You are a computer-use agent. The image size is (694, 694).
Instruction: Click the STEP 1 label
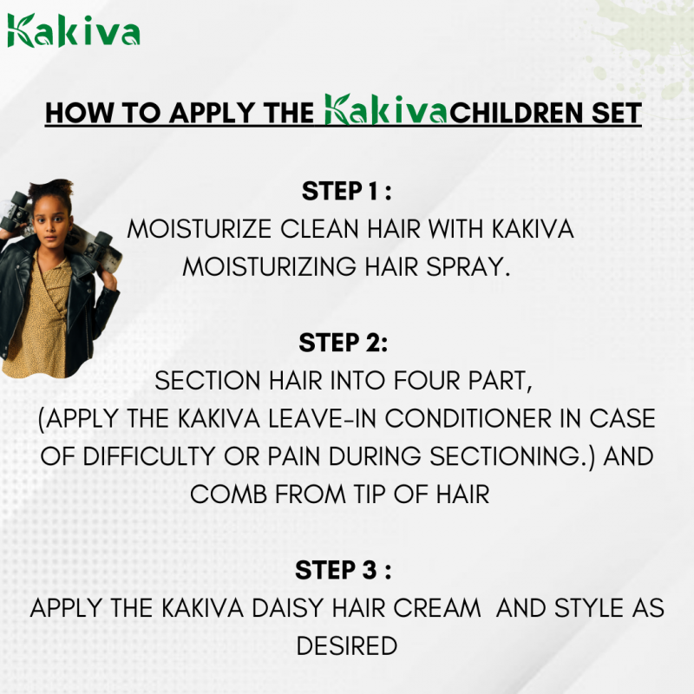[347, 191]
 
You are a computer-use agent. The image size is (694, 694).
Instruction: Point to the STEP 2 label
[344, 343]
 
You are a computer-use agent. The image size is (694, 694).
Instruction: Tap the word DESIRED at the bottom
[347, 646]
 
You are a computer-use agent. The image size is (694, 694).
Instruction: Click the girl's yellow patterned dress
[39, 321]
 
